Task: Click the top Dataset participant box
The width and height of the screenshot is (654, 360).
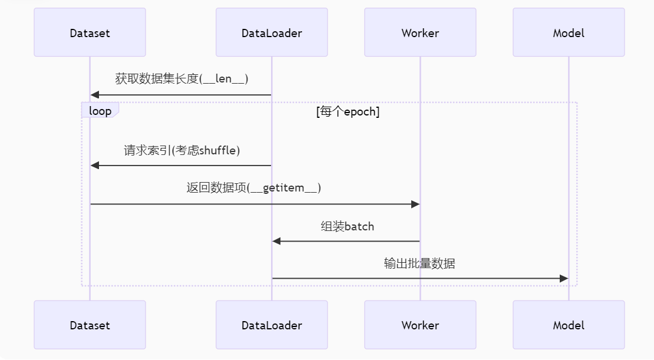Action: tap(90, 33)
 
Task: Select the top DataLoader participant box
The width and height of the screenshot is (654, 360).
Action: tap(272, 33)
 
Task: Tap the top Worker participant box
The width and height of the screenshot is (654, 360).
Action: tap(420, 33)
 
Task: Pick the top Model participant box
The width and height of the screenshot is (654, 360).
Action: tap(569, 33)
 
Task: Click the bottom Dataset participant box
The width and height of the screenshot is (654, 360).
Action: tap(90, 325)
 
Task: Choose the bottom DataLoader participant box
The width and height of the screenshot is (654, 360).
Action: tap(272, 325)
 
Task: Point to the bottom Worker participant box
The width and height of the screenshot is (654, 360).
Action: tap(420, 325)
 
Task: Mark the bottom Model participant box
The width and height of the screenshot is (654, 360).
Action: tap(569, 325)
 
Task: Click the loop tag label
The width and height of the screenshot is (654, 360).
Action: tap(100, 111)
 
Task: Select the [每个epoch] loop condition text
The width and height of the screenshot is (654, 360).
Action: tap(348, 111)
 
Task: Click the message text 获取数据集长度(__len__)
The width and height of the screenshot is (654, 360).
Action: tap(181, 79)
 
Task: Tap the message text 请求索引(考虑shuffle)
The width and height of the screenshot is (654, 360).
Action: tap(181, 150)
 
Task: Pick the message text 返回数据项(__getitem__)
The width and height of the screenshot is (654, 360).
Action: tap(254, 188)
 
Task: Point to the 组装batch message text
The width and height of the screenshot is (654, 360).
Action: tap(347, 226)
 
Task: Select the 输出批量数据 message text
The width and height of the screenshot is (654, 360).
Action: tap(420, 263)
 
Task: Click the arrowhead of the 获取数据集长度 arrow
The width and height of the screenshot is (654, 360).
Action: tap(95, 95)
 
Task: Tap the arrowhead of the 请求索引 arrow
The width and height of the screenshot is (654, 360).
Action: tap(95, 166)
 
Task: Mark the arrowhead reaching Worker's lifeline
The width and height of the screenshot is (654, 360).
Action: tap(415, 204)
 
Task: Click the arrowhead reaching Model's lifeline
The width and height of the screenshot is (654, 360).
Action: tap(564, 278)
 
